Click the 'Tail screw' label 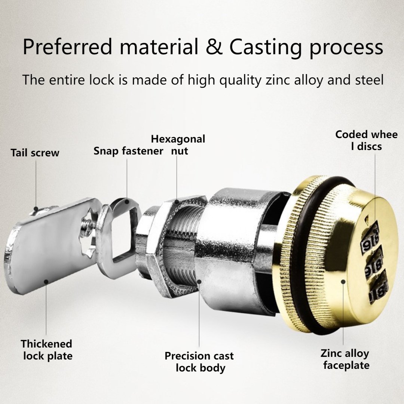[35, 153]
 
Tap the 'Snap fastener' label [128, 151]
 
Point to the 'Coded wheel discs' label [366, 140]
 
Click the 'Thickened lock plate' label [47, 350]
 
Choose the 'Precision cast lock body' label [199, 362]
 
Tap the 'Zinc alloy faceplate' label [345, 359]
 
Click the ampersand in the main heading [214, 47]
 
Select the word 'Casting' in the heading [265, 48]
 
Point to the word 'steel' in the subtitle [370, 80]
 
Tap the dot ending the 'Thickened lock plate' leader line [46, 282]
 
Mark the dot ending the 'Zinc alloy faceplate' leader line [343, 282]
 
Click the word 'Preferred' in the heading [67, 47]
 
